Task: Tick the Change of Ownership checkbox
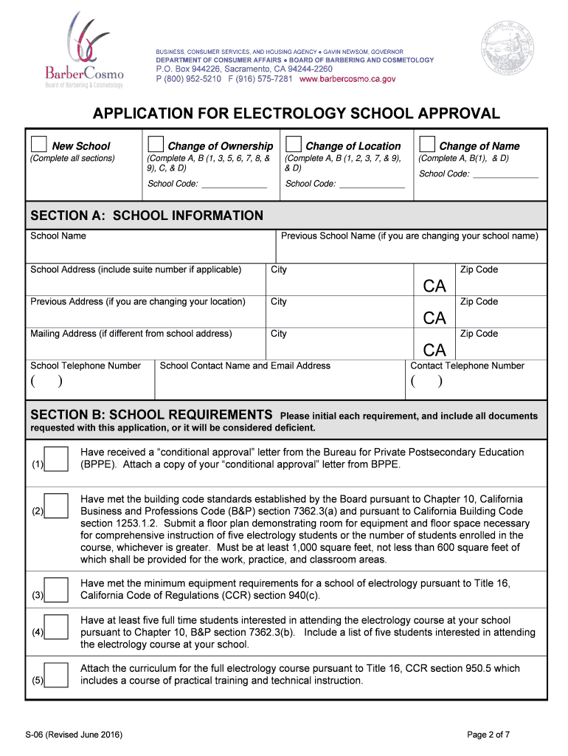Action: [156, 144]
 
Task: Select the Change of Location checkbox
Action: [293, 144]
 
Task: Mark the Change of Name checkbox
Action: [426, 144]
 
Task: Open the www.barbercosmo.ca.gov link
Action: [347, 79]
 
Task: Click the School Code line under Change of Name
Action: [505, 175]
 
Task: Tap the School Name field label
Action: [58, 236]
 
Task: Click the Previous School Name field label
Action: [409, 236]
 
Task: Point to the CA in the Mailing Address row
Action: [434, 349]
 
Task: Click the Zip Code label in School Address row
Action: [479, 269]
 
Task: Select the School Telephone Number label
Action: [85, 365]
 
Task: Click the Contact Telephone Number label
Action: [467, 365]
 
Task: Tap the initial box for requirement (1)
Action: [56, 459]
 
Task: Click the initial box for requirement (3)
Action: [56, 589]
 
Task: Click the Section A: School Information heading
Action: [146, 216]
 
